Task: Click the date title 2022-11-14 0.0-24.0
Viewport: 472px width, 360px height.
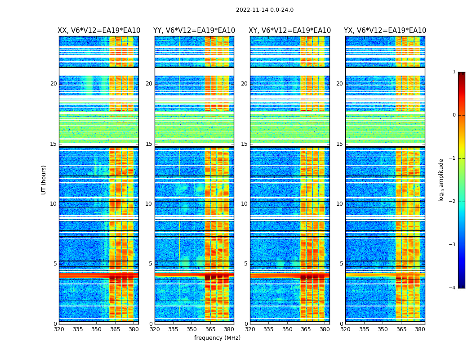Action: [264, 10]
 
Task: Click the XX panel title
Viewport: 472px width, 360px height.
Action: [99, 31]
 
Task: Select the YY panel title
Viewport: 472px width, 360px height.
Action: [194, 31]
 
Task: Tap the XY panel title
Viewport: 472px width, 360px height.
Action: [290, 31]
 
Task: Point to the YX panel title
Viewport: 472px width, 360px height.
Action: [385, 31]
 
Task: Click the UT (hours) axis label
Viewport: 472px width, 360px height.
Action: [44, 180]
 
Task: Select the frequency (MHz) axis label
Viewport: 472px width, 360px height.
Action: [217, 338]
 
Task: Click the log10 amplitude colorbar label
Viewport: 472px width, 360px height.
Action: [441, 180]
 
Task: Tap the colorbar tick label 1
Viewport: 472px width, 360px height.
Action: [454, 72]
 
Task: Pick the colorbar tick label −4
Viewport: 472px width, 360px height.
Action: [453, 288]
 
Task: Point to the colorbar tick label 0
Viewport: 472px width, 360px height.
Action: [454, 115]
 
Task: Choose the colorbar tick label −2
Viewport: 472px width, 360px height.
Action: [453, 202]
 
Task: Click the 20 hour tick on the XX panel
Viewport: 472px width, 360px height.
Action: [53, 84]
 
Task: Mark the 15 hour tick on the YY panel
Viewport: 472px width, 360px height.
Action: [149, 144]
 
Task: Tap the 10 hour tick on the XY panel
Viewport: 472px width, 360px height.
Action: [244, 204]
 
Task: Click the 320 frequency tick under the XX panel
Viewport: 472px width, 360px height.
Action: [59, 329]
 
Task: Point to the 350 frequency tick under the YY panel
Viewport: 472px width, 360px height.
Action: [192, 329]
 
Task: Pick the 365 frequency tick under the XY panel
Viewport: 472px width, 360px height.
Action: [306, 329]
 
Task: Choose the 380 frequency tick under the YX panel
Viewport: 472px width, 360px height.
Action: [420, 329]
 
